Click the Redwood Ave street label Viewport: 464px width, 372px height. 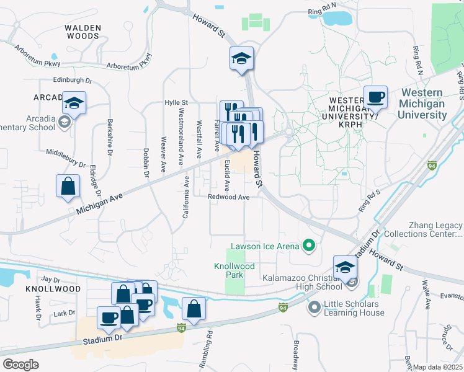pyautogui.click(x=228, y=197)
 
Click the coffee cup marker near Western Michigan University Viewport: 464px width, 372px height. pyautogui.click(x=375, y=98)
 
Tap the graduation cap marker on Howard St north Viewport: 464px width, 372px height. pyautogui.click(x=241, y=60)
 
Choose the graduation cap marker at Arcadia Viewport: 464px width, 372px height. pyautogui.click(x=74, y=104)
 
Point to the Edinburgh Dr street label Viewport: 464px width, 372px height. pyautogui.click(x=72, y=80)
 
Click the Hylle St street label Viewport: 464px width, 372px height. pyautogui.click(x=176, y=102)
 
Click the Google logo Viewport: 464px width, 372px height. pyautogui.click(x=20, y=365)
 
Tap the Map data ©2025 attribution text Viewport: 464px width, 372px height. pyautogui.click(x=437, y=367)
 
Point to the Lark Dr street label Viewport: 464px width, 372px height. pyautogui.click(x=65, y=313)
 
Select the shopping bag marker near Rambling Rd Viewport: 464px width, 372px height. pyautogui.click(x=194, y=309)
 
